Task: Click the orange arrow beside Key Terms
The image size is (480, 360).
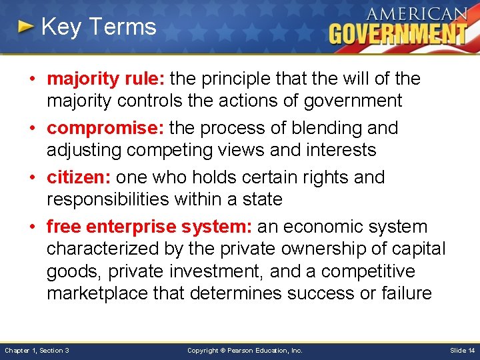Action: (25, 27)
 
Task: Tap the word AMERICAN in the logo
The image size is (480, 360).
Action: (416, 14)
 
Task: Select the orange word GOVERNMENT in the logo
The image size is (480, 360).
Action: (397, 33)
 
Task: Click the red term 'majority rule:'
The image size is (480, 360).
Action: (106, 79)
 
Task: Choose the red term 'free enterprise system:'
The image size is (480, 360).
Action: (149, 227)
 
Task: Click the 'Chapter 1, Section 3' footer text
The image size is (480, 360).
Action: (37, 350)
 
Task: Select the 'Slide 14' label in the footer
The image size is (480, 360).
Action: (463, 350)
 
